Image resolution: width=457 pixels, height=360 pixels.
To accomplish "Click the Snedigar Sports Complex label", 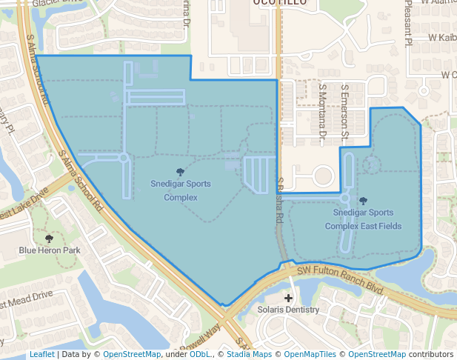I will tap(181, 190).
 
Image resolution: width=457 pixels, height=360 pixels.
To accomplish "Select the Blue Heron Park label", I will tap(49, 250).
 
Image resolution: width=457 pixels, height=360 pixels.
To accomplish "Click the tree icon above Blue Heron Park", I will tap(49, 239).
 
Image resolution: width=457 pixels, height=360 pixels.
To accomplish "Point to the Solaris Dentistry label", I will tap(288, 310).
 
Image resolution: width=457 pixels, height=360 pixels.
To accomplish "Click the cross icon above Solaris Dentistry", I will tap(288, 297).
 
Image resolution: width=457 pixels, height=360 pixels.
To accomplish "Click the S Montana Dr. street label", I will tap(322, 112).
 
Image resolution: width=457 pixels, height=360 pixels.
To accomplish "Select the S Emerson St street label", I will tap(344, 112).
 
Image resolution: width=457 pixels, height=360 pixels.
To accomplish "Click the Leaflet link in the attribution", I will tap(41, 355).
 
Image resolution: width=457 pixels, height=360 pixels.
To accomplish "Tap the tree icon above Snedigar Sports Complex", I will tap(181, 172).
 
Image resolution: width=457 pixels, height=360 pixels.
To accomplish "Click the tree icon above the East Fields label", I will tap(363, 201).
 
